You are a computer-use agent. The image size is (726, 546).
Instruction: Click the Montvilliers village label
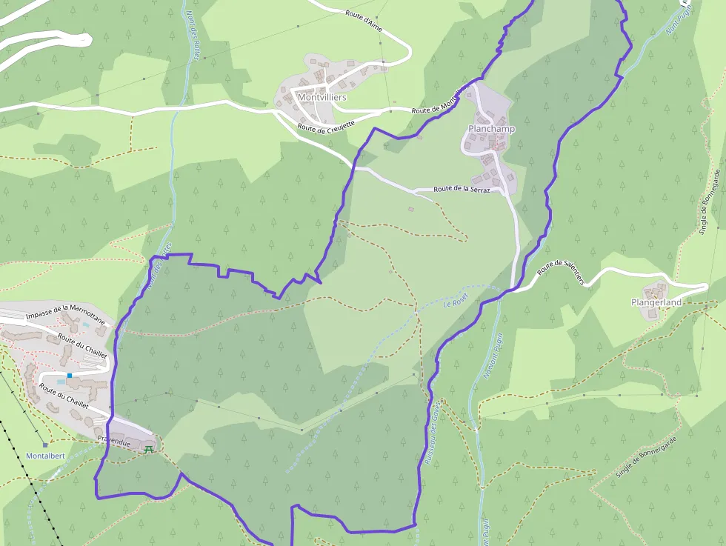pos(322,97)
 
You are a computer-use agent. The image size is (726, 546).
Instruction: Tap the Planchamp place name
pos(491,129)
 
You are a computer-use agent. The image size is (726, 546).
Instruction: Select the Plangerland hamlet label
pos(655,302)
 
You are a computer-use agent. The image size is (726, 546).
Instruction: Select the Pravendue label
pos(114,442)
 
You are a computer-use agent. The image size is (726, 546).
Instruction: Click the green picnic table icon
pos(150,447)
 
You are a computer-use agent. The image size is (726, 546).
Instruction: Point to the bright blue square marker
pos(70,376)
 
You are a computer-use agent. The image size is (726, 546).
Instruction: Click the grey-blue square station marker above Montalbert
pos(44,445)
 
